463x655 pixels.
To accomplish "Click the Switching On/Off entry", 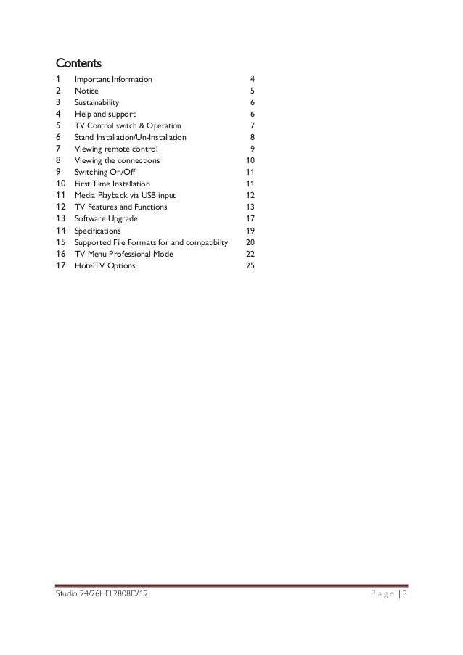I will click(x=103, y=173).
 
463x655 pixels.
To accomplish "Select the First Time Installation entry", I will click(x=112, y=184).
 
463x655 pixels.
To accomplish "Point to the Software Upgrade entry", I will click(x=106, y=219).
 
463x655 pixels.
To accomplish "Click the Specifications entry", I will click(x=99, y=231).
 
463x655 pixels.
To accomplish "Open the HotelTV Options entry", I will click(x=105, y=266).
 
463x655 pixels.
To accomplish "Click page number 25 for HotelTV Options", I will click(x=250, y=266).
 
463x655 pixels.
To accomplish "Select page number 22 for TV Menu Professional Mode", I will click(x=250, y=255).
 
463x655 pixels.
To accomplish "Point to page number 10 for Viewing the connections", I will click(x=250, y=161).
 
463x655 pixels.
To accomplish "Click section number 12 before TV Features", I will click(x=61, y=207).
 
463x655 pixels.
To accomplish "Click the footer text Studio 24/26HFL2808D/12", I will click(x=100, y=596).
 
